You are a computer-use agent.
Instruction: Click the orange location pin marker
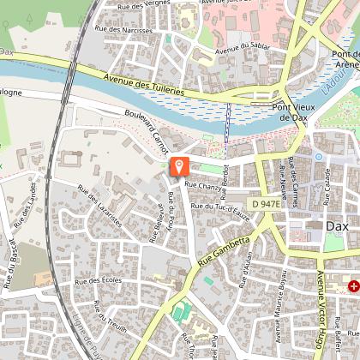pyautogui.click(x=180, y=166)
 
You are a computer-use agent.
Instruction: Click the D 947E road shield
pyautogui.click(x=267, y=204)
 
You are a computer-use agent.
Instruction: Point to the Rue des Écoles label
pyautogui.click(x=96, y=280)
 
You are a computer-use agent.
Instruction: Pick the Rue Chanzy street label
pyautogui.click(x=202, y=184)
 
